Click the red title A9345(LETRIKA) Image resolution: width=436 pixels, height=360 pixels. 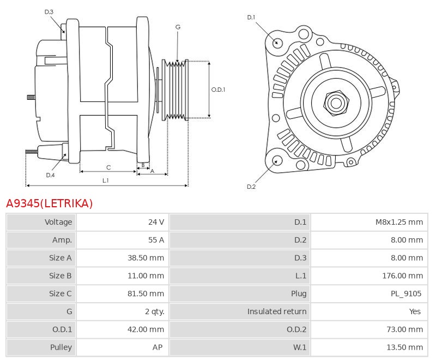pyautogui.click(x=50, y=204)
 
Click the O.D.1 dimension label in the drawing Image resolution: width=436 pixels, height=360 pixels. pyautogui.click(x=218, y=89)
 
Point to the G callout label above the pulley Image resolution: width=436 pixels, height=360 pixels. pyautogui.click(x=178, y=27)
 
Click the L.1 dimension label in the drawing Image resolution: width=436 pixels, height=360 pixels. pyautogui.click(x=106, y=180)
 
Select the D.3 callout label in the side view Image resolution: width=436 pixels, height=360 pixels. pyautogui.click(x=49, y=11)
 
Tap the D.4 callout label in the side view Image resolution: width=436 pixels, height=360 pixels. pyautogui.click(x=50, y=175)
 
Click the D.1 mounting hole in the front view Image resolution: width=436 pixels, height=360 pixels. pyautogui.click(x=277, y=42)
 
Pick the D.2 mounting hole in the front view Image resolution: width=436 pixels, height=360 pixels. pyautogui.click(x=276, y=160)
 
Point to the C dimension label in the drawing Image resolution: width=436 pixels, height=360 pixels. pyautogui.click(x=108, y=167)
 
